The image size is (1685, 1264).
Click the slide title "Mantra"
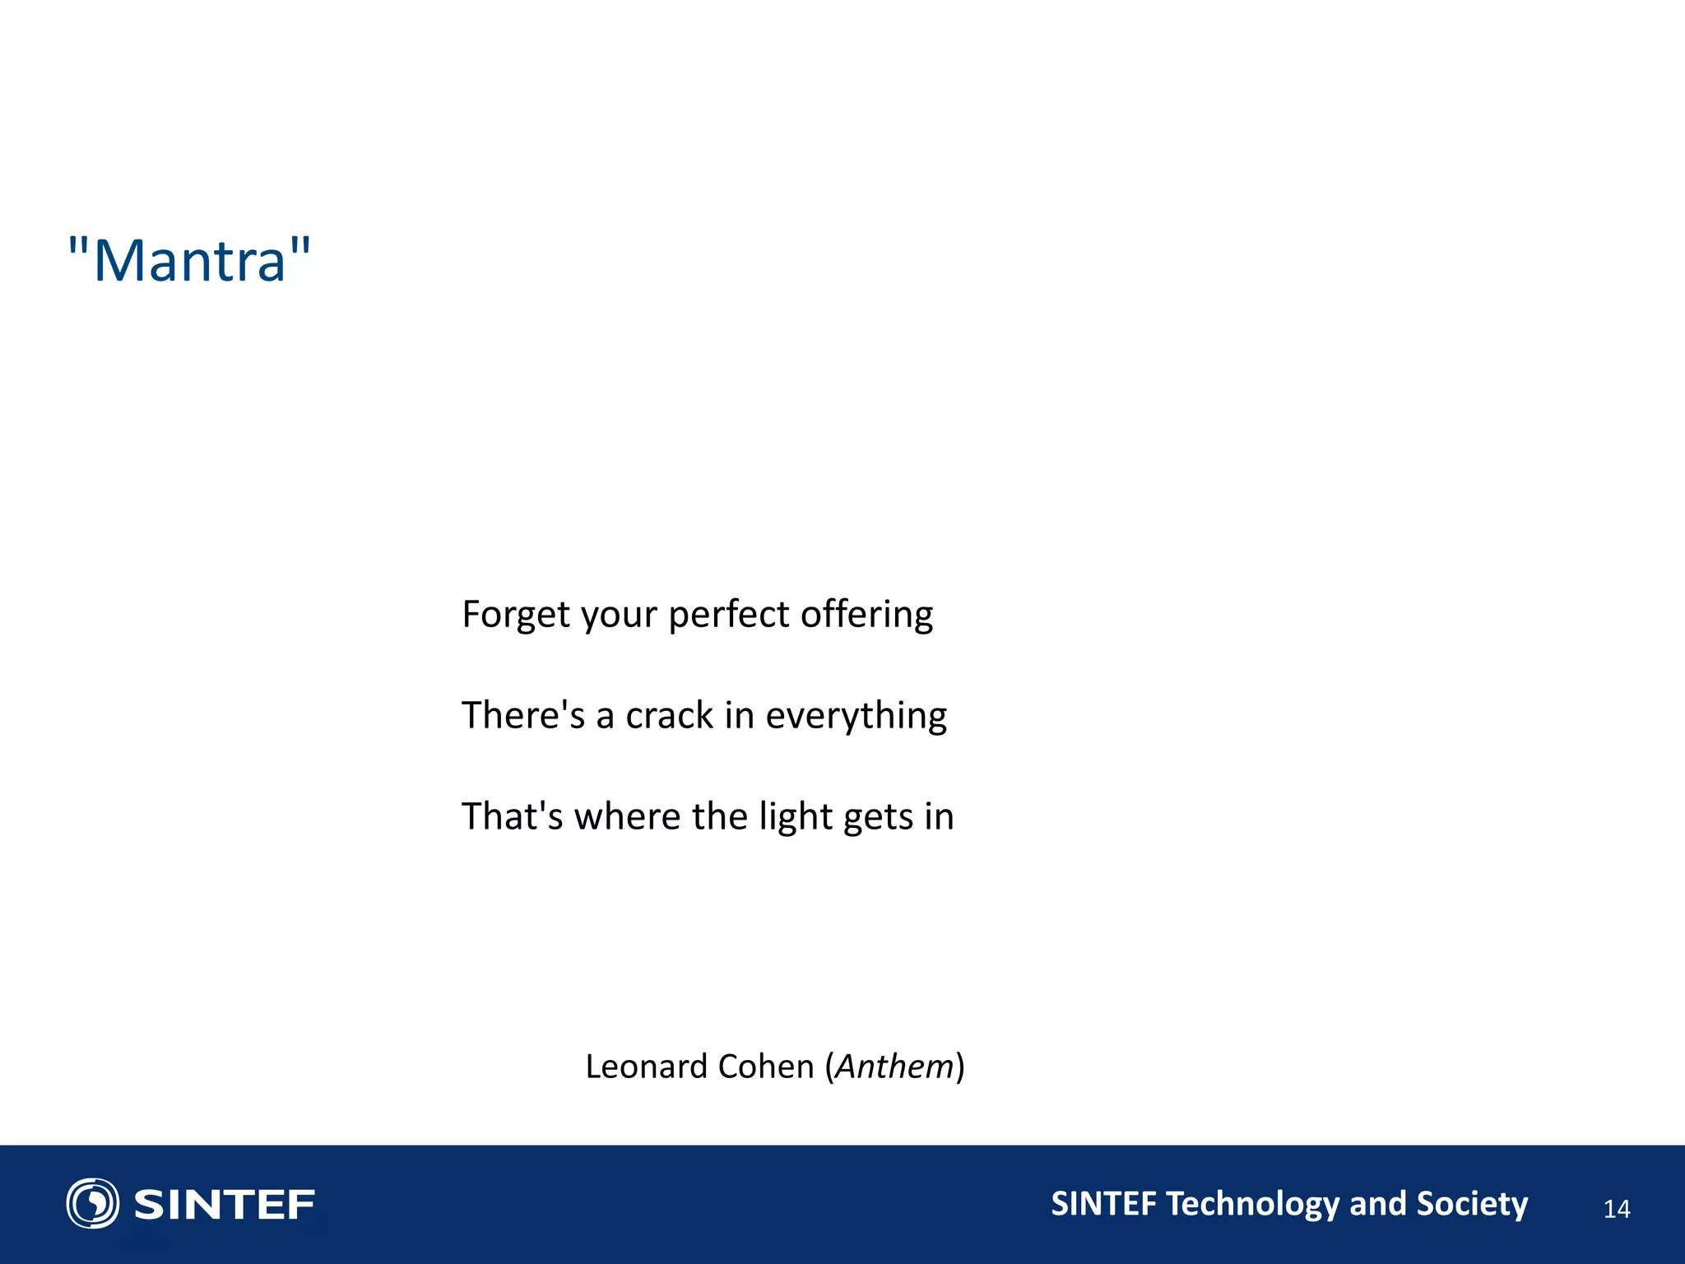[x=189, y=261]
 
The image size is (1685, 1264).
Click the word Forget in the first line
[x=516, y=615]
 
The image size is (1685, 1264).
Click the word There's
[x=523, y=715]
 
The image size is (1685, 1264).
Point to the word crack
[x=669, y=715]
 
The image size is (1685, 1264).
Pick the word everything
[x=856, y=715]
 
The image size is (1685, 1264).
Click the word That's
[x=512, y=816]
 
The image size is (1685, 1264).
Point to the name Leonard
[x=647, y=1066]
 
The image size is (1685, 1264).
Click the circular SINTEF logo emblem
[x=92, y=1203]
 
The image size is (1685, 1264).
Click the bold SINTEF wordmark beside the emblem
[x=224, y=1205]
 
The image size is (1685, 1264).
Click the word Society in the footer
[x=1471, y=1204]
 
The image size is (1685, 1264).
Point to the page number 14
[x=1616, y=1209]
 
